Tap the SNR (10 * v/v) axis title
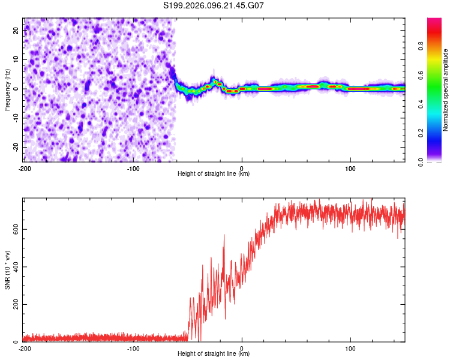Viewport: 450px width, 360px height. [7, 270]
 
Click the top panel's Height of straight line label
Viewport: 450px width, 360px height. [214, 173]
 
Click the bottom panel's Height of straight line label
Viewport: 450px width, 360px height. [214, 353]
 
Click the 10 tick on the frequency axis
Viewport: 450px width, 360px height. [16, 59]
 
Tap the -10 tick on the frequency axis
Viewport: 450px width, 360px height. [15, 118]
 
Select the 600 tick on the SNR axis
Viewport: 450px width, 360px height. [13, 229]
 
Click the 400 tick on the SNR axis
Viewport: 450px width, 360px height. [13, 266]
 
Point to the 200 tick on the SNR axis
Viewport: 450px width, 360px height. [13, 304]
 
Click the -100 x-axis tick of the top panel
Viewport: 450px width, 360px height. [133, 168]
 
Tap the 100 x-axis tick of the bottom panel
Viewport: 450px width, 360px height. [350, 348]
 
